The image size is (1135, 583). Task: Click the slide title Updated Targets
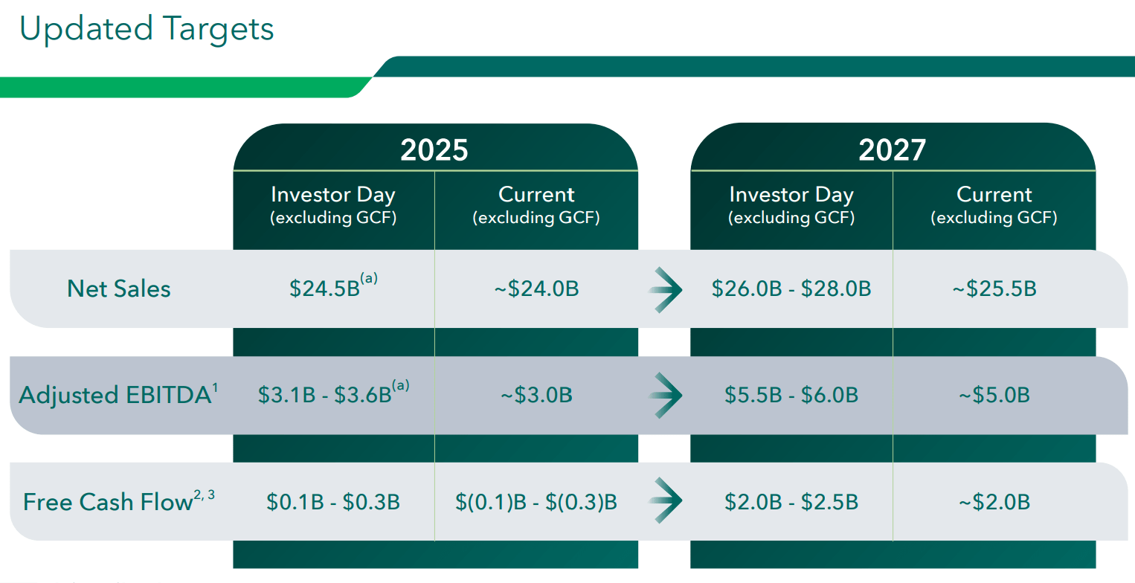pyautogui.click(x=147, y=28)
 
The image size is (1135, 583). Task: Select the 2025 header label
pyautogui.click(x=434, y=150)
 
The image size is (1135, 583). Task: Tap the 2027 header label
pyautogui.click(x=892, y=150)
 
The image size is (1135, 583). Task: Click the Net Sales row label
pyautogui.click(x=119, y=289)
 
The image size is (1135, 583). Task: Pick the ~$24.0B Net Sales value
pyautogui.click(x=536, y=289)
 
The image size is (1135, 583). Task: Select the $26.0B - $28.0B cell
pyautogui.click(x=791, y=289)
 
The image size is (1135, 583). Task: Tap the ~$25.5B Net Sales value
pyautogui.click(x=994, y=289)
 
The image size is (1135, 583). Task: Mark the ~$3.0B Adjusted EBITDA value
pyautogui.click(x=536, y=395)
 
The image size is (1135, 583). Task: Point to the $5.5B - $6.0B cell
pyautogui.click(x=791, y=395)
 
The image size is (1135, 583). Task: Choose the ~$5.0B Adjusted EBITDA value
pyautogui.click(x=994, y=395)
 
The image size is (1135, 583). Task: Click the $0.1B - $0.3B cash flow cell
pyautogui.click(x=332, y=502)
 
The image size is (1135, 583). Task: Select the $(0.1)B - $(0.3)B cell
pyautogui.click(x=536, y=502)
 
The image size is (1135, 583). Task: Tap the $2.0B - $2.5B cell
pyautogui.click(x=791, y=502)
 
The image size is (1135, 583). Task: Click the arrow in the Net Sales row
pyautogui.click(x=665, y=289)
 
